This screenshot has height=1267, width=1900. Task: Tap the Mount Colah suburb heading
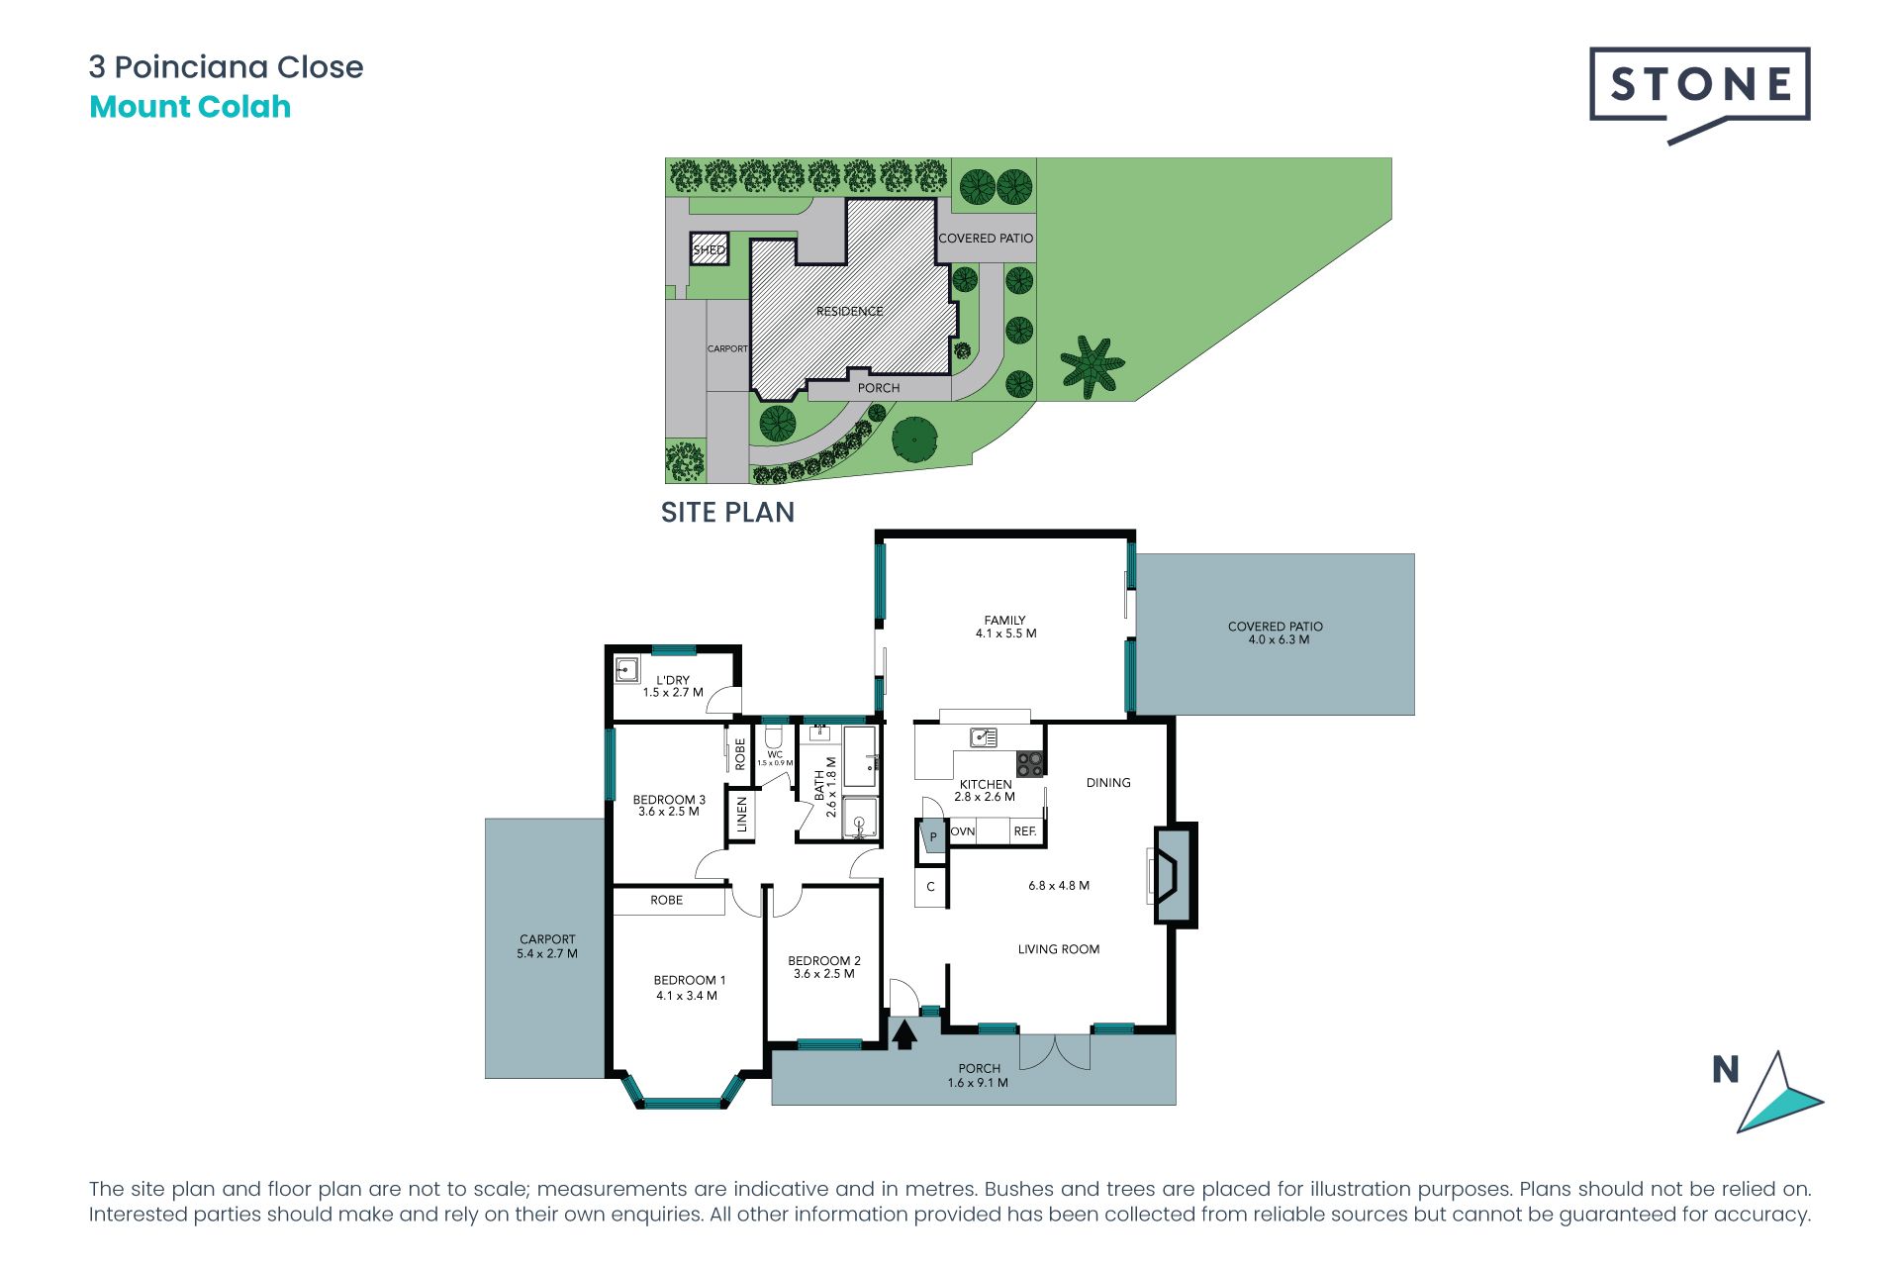[x=190, y=107]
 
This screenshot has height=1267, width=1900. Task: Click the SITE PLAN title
[x=727, y=513]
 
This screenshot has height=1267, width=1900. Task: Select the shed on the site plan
[x=709, y=249]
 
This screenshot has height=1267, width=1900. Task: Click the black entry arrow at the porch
[x=904, y=1034]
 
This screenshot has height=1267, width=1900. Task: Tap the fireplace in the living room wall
[x=1175, y=876]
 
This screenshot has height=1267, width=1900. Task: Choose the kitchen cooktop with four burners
[x=1030, y=763]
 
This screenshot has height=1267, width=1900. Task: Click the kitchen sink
[x=984, y=737]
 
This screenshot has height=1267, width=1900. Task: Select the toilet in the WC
[x=774, y=736]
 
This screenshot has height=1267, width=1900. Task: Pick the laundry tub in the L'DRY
[x=626, y=669]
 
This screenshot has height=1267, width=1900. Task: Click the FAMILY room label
[x=1005, y=620]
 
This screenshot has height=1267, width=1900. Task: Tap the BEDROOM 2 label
[x=824, y=960]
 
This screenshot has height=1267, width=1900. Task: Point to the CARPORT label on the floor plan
[x=547, y=939]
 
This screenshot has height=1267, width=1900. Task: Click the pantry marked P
[x=932, y=837]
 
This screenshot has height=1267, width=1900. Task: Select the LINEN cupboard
[x=741, y=815]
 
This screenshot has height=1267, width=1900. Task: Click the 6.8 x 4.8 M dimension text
[x=1059, y=886]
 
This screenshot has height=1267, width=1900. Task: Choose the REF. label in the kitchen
[x=1025, y=831]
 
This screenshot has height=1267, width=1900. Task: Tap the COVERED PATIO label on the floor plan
[x=1276, y=627]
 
